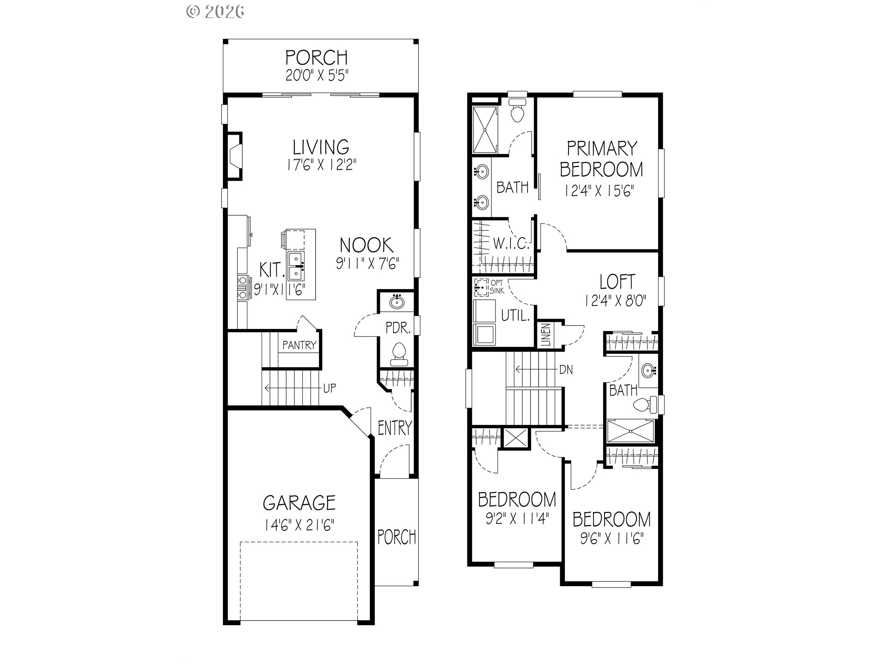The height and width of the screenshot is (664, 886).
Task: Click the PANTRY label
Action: click(299, 345)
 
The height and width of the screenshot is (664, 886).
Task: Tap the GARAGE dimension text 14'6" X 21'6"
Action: click(299, 525)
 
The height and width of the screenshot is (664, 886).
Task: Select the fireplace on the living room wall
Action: click(234, 156)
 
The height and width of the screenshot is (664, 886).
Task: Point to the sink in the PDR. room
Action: click(396, 302)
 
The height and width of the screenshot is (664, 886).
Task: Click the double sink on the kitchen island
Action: click(295, 266)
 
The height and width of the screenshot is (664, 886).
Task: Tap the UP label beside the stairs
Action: click(329, 388)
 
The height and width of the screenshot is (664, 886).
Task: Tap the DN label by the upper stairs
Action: click(566, 369)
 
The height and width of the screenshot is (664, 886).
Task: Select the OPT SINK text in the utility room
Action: click(497, 287)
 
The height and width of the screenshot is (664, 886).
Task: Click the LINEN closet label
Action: click(546, 335)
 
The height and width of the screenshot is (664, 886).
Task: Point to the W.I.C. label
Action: click(511, 243)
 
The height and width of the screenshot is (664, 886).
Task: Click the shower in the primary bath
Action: click(485, 130)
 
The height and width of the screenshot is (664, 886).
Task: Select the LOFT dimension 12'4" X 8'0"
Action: click(615, 301)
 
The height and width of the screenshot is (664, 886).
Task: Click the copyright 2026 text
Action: click(215, 11)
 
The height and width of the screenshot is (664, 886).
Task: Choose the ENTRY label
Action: click(395, 427)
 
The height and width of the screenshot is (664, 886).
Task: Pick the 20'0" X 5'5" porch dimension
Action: click(317, 75)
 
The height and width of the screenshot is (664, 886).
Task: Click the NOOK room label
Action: click(366, 245)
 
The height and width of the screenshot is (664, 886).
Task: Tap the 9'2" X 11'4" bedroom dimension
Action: click(517, 520)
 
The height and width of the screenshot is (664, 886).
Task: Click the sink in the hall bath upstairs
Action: click(649, 370)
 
